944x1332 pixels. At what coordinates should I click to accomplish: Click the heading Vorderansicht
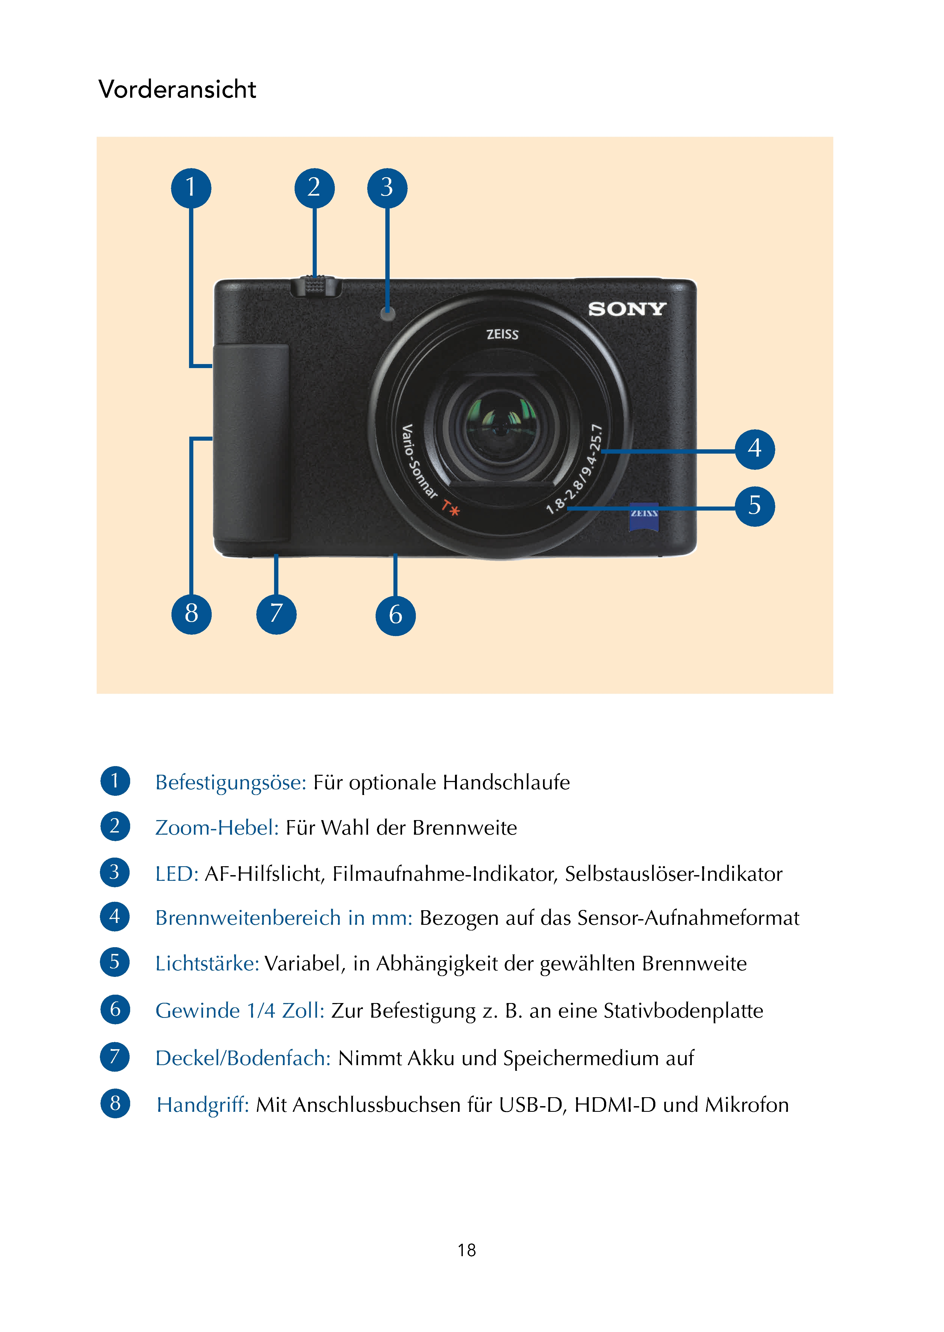(x=177, y=90)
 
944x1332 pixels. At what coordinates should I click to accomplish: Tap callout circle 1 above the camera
(x=191, y=188)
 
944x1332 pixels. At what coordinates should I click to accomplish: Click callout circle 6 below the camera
(x=395, y=614)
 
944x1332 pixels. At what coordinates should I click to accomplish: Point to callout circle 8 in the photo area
(x=191, y=613)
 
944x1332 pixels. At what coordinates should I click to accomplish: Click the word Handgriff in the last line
(x=203, y=1105)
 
